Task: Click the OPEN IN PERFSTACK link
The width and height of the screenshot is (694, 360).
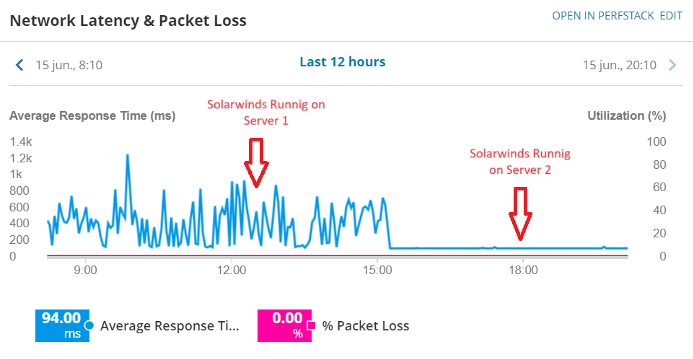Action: [x=603, y=15]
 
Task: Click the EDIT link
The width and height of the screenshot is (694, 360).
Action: [x=671, y=15]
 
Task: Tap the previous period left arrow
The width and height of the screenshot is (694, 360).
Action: [x=19, y=65]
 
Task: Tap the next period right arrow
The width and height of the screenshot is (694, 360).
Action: [x=672, y=65]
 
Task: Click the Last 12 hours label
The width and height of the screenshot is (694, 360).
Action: [x=343, y=62]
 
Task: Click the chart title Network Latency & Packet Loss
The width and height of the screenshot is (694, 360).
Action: [x=128, y=21]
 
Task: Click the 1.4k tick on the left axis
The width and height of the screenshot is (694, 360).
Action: [x=21, y=141]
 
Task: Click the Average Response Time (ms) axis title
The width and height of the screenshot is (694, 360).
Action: [x=92, y=115]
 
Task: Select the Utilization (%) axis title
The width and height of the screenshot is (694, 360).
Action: [x=627, y=115]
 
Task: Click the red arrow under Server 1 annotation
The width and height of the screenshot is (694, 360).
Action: [x=255, y=162]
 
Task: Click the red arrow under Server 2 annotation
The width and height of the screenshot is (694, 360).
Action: [x=519, y=212]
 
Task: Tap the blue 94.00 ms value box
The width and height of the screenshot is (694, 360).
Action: [x=62, y=325]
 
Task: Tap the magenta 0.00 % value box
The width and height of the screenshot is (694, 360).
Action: [x=284, y=325]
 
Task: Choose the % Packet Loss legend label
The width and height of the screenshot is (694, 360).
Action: [x=366, y=326]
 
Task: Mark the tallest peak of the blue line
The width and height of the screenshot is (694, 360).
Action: [x=128, y=154]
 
